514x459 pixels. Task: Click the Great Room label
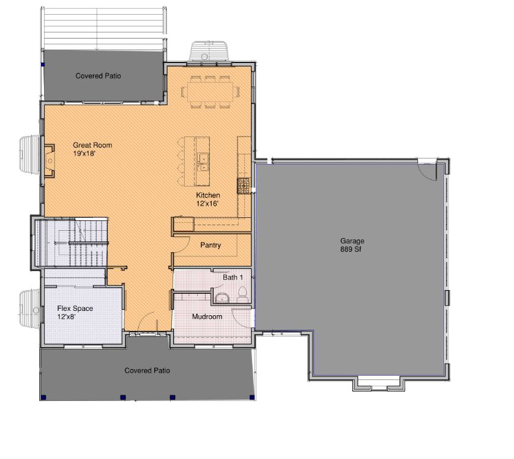click(x=92, y=145)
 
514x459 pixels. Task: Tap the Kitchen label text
click(x=208, y=195)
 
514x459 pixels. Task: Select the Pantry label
click(x=210, y=245)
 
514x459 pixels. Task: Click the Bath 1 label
click(x=233, y=277)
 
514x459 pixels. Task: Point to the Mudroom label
click(x=207, y=317)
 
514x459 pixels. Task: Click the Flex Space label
click(x=75, y=308)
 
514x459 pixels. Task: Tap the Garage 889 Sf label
click(x=352, y=245)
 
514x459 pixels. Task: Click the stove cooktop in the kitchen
click(x=244, y=186)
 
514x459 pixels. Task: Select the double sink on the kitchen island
click(x=203, y=162)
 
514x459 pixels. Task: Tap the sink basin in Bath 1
click(x=222, y=298)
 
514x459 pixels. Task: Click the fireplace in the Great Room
click(x=49, y=160)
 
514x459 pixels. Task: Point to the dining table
click(x=210, y=91)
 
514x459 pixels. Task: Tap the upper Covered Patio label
click(x=98, y=76)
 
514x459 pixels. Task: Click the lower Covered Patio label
click(x=147, y=370)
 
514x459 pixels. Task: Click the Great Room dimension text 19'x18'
click(x=84, y=153)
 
